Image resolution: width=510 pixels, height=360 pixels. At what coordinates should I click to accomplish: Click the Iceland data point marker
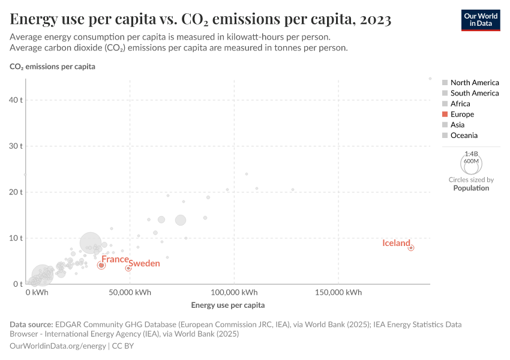(x=411, y=248)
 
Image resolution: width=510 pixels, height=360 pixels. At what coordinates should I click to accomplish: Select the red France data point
(x=101, y=265)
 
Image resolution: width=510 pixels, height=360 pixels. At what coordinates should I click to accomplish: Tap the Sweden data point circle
(x=128, y=268)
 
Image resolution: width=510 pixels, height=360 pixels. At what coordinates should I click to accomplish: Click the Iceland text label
(x=396, y=243)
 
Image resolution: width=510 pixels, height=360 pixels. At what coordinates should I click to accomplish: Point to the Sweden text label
(x=145, y=263)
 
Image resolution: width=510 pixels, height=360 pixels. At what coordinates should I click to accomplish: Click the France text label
(x=115, y=259)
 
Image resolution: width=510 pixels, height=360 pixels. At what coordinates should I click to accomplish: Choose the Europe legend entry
(x=462, y=114)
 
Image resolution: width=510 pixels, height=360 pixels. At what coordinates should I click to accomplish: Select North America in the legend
(x=474, y=82)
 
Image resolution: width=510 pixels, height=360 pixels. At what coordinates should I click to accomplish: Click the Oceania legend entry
(x=464, y=135)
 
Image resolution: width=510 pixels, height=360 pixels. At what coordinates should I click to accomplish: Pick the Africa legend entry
(x=460, y=103)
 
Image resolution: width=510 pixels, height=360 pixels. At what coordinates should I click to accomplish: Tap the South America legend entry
(x=474, y=93)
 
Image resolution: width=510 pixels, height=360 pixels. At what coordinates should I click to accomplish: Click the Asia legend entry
(x=458, y=125)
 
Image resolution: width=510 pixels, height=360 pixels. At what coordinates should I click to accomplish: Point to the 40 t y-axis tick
(x=16, y=100)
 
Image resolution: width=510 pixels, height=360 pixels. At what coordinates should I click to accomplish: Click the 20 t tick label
(x=16, y=192)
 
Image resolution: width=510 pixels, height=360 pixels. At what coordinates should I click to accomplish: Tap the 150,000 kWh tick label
(x=338, y=292)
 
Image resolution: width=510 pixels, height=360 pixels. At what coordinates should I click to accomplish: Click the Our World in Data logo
(x=480, y=19)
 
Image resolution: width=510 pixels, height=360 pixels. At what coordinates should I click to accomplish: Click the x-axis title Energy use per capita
(x=227, y=305)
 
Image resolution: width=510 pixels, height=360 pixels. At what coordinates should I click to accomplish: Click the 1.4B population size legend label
(x=471, y=154)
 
